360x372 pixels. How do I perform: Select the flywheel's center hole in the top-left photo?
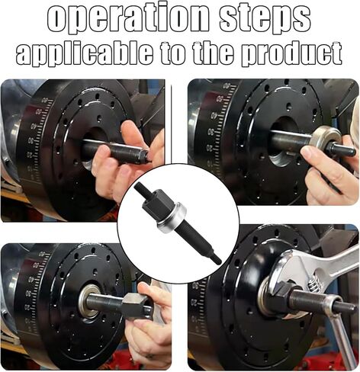click(93, 142)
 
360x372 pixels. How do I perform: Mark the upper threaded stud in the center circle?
click(143, 189)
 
